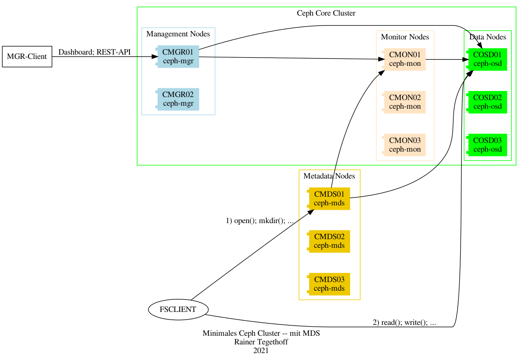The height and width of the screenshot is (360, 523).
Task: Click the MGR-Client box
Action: [x=27, y=56]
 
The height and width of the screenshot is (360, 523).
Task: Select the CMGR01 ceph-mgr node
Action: [x=178, y=56]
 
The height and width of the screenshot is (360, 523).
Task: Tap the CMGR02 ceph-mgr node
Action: [x=178, y=99]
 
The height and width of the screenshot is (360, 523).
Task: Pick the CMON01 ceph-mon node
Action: [x=404, y=59]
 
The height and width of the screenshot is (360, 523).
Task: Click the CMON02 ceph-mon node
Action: [x=404, y=102]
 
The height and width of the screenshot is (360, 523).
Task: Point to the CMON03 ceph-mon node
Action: [x=404, y=145]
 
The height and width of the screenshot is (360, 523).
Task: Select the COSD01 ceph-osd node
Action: [x=487, y=59]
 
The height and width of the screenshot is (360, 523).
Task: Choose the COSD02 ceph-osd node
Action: [x=487, y=102]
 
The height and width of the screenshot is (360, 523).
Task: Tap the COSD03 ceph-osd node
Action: [x=487, y=145]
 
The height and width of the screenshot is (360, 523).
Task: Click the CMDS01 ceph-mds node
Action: [x=329, y=198]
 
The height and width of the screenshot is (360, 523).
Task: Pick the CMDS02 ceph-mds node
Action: [x=329, y=241]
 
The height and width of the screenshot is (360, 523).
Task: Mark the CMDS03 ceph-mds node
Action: [x=329, y=284]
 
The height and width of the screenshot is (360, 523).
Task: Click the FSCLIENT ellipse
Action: [x=178, y=309]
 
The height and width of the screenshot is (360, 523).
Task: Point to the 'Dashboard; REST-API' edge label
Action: [x=94, y=52]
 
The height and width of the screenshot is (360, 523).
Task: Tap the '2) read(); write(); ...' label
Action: [x=404, y=322]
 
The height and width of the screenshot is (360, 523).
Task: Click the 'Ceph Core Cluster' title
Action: [x=326, y=13]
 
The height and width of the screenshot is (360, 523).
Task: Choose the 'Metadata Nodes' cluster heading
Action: [x=329, y=176]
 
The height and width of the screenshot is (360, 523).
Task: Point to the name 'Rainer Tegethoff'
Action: [x=261, y=342]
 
